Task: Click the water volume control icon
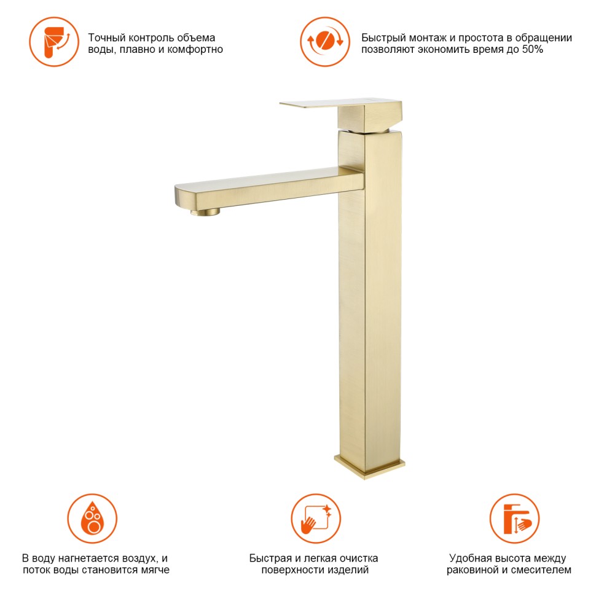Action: click(54, 42)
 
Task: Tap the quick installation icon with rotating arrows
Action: click(325, 42)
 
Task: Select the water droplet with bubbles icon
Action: click(92, 519)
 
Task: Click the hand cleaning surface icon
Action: click(316, 519)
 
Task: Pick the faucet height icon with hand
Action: click(515, 519)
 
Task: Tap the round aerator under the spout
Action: click(205, 212)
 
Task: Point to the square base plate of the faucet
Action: click(369, 466)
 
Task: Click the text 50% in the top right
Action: click(532, 49)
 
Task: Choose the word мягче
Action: click(153, 570)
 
